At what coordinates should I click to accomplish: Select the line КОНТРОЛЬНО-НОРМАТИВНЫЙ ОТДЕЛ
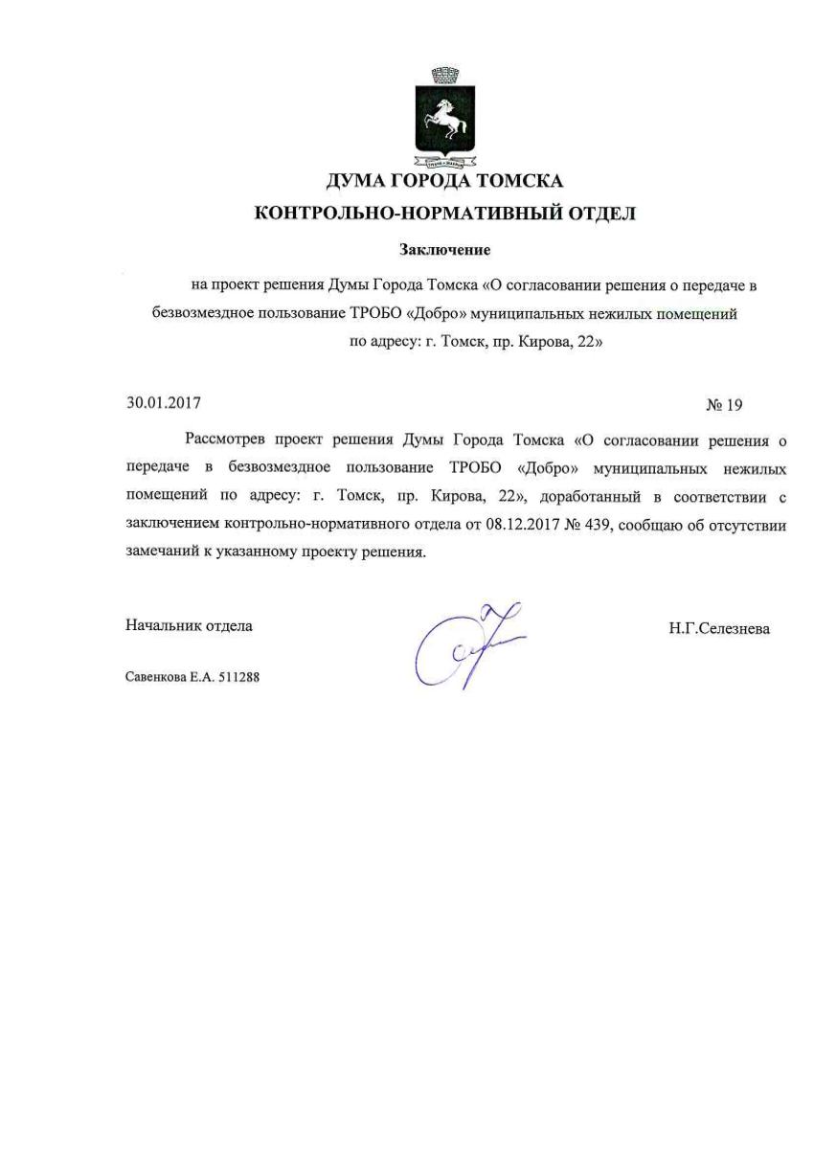tap(444, 214)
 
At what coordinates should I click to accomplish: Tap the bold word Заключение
tap(444, 250)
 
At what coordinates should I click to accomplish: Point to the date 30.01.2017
tap(164, 403)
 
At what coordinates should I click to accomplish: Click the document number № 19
tap(724, 405)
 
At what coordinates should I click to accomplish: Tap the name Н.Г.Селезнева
tap(719, 629)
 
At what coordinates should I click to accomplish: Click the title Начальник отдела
tap(189, 626)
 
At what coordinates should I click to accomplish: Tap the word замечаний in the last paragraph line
tap(160, 553)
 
